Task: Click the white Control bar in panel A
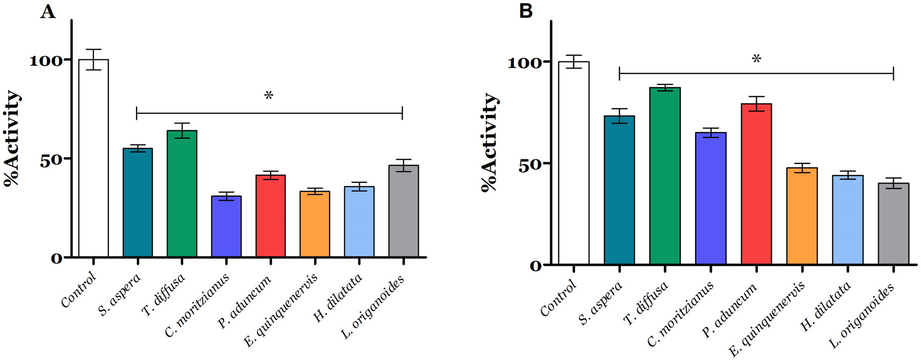93,158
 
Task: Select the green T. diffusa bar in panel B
665,176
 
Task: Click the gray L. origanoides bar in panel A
403,211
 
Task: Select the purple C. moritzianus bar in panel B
710,199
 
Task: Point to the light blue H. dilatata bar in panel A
359,222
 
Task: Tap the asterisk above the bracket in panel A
269,96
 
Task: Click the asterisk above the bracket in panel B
756,59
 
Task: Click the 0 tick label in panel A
56,259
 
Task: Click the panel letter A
47,11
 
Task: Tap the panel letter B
526,11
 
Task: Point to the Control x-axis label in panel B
558,298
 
